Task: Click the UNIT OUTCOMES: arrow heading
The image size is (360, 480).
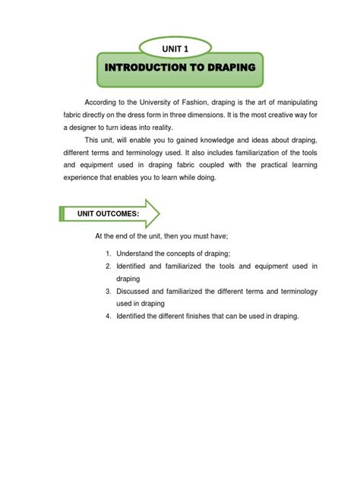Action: (x=107, y=214)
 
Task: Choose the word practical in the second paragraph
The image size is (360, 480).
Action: (x=240, y=166)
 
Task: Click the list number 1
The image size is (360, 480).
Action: (x=109, y=253)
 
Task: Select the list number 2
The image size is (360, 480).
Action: (x=109, y=266)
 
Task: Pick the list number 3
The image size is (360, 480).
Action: (x=109, y=291)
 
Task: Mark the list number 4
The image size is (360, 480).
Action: (x=109, y=316)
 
